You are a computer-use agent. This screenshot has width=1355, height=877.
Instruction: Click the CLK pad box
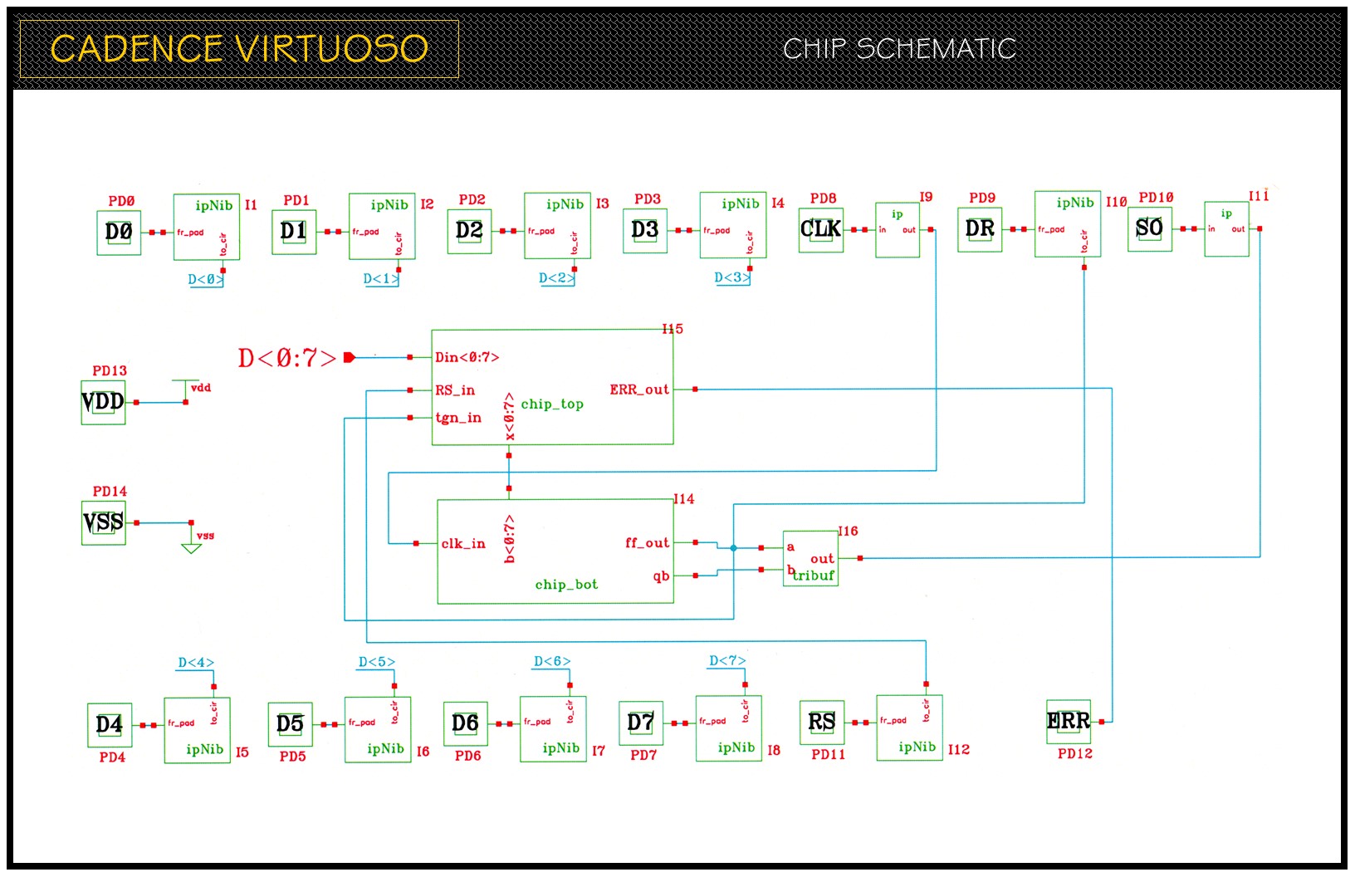coord(820,230)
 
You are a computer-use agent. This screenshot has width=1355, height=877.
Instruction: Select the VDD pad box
coord(103,403)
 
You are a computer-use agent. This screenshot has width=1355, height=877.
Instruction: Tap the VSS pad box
coord(103,523)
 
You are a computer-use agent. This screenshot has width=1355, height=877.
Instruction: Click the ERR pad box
coord(1069,722)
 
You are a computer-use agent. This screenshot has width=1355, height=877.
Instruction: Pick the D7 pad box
coord(641,723)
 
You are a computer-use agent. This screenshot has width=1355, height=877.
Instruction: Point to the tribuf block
coord(810,559)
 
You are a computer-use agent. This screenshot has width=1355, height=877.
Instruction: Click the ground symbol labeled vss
coord(192,546)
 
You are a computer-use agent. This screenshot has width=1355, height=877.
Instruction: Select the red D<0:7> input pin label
coord(287,358)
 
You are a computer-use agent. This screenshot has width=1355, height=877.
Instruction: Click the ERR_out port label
coord(639,390)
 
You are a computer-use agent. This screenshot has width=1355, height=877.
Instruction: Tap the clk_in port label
coord(463,544)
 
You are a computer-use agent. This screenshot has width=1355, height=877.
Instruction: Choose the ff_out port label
coord(647,543)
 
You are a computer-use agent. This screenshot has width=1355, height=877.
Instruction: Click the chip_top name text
coord(552,404)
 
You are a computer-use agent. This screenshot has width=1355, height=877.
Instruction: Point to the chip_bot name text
coord(566,585)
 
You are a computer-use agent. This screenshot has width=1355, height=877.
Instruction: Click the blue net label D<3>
coord(731,277)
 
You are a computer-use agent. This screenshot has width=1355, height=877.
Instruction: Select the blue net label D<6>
coord(551,662)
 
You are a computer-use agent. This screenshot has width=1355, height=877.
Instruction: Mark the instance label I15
coord(673,330)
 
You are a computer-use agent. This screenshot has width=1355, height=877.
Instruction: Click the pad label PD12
coord(1074,754)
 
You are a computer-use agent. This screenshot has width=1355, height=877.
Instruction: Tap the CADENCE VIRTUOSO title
coord(239,49)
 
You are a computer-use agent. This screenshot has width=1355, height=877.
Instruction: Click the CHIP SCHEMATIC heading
coord(899,49)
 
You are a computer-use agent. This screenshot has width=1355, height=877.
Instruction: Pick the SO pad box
coord(1149,229)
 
